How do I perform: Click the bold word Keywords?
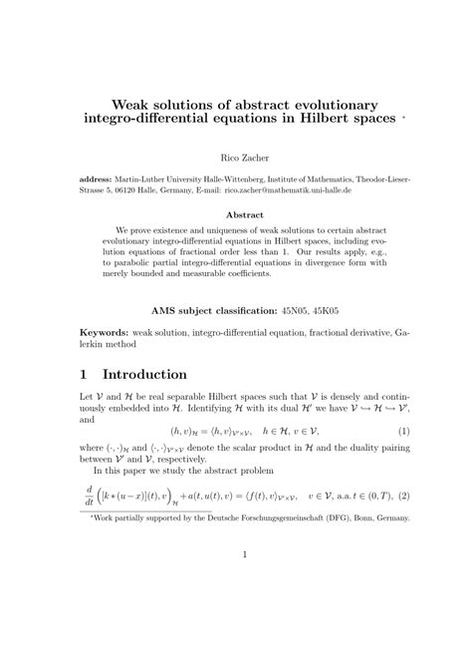107,330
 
